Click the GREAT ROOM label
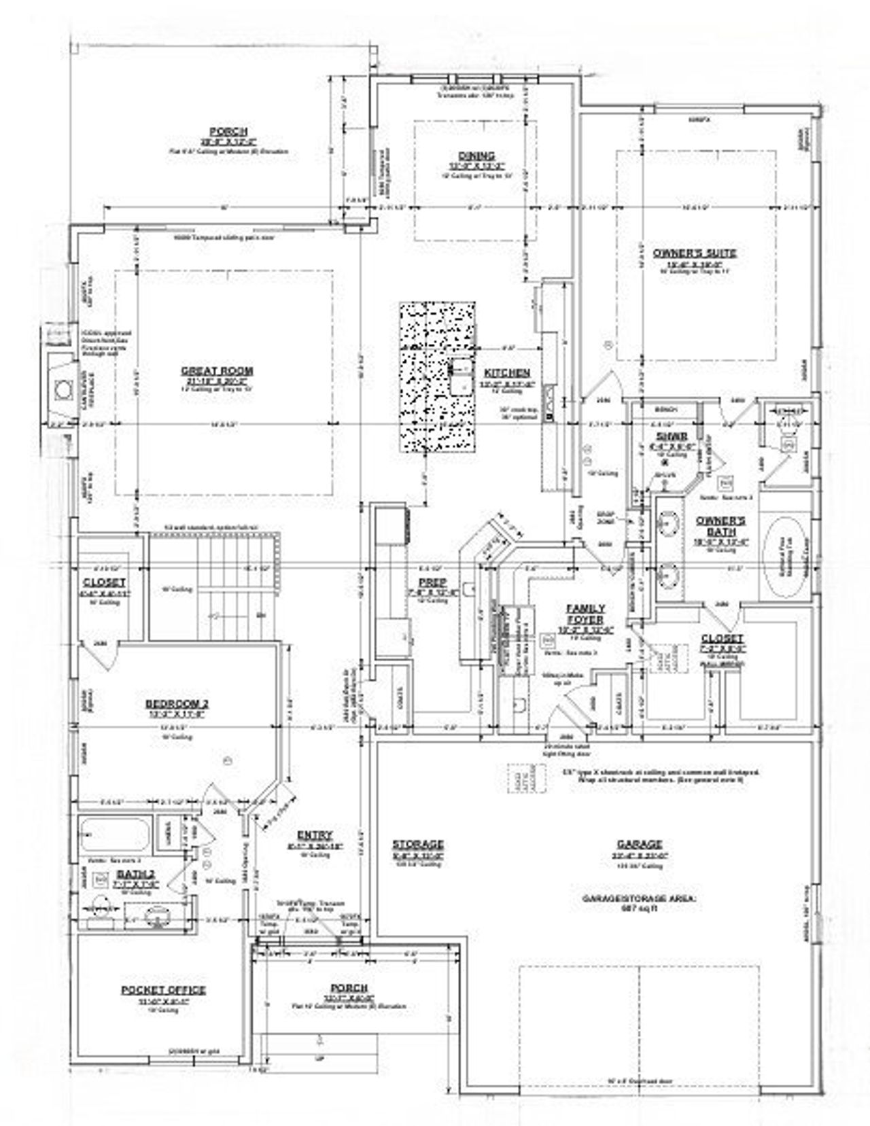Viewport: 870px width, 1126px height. click(x=217, y=370)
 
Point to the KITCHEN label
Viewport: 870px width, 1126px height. click(x=507, y=373)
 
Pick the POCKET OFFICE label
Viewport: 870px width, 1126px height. click(x=163, y=990)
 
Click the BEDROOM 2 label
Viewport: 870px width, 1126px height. click(x=177, y=704)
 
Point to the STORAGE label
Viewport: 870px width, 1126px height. click(x=418, y=844)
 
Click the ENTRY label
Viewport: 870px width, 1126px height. click(x=314, y=835)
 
